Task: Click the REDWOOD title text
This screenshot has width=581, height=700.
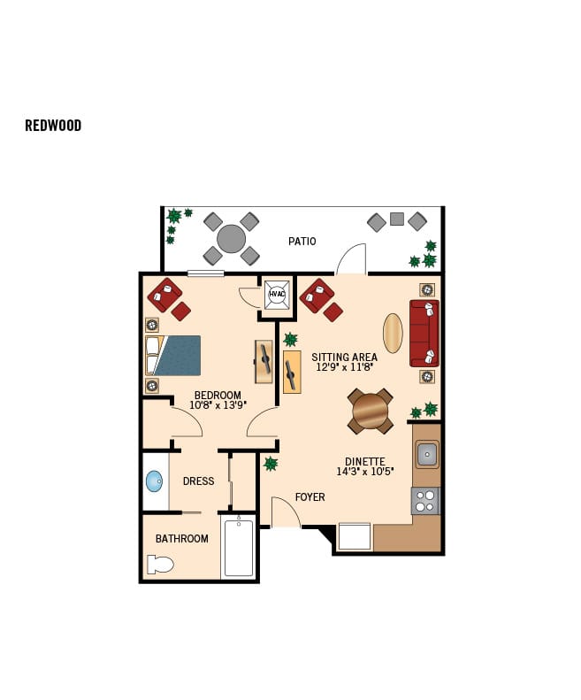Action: click(x=53, y=126)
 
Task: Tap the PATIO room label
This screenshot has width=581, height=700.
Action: click(x=302, y=241)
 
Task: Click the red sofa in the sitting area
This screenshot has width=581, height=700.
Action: click(x=424, y=333)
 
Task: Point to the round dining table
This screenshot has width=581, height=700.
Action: click(x=370, y=411)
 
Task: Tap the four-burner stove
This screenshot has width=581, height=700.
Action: click(x=425, y=502)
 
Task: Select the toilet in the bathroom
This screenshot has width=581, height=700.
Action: click(x=161, y=564)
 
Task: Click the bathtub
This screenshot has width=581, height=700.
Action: click(x=238, y=548)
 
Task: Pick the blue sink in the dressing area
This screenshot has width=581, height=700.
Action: click(x=154, y=481)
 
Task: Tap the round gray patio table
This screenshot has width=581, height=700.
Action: click(x=231, y=239)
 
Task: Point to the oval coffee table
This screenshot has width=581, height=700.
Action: click(x=393, y=334)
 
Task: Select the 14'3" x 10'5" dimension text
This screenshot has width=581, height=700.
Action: click(x=364, y=472)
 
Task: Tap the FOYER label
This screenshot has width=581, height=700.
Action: click(x=310, y=497)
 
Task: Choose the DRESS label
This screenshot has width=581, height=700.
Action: click(x=198, y=481)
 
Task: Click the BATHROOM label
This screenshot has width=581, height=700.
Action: click(x=182, y=539)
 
